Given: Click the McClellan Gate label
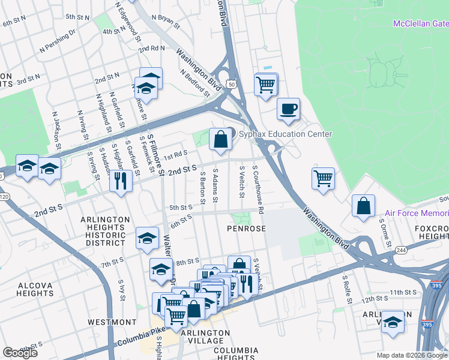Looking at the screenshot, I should pos(420,23).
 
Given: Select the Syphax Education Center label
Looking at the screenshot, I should pos(285,134).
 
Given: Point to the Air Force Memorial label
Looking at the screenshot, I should pos(416,213).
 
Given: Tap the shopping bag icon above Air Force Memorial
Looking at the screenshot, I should pos(363,205).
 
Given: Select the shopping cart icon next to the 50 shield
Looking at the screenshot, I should pos(265,83).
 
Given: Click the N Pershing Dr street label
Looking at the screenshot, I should pos(58,39).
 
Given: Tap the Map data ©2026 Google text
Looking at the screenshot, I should pos(412,355).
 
